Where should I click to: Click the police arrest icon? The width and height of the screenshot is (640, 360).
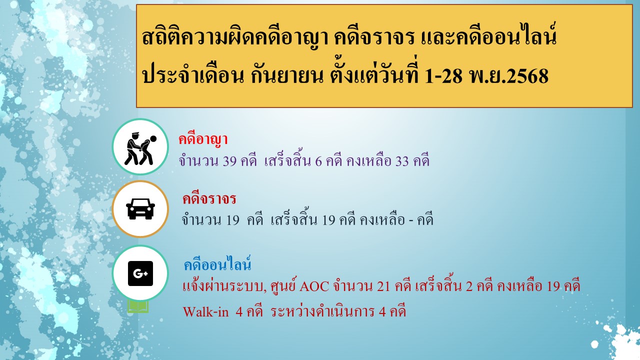140,147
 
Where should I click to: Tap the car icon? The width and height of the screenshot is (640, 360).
140,208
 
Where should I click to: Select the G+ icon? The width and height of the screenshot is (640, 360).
140,273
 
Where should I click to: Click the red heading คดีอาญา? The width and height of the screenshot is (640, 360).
203,139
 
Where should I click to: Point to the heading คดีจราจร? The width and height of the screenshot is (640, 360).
209,199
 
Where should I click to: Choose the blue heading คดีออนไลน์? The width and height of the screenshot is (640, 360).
217,263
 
